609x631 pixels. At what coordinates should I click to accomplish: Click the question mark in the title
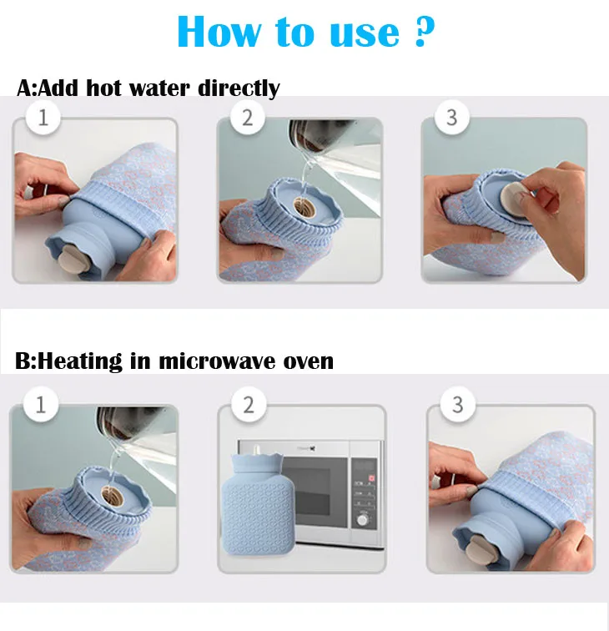(x=425, y=31)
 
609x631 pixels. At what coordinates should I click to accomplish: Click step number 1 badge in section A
(x=43, y=118)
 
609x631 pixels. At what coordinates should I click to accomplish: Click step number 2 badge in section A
(x=247, y=118)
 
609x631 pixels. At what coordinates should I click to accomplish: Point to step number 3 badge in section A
(x=451, y=117)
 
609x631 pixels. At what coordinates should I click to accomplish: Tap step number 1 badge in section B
(x=40, y=406)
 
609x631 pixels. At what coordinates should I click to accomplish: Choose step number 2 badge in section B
(x=248, y=406)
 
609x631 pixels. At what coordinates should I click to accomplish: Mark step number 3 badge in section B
(x=456, y=406)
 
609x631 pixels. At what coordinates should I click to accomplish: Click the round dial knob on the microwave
(x=362, y=519)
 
